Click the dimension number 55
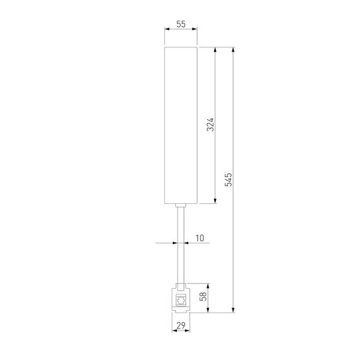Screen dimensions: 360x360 point(181,23)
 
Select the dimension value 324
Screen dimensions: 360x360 point(210,125)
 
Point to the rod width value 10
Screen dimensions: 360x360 point(200,238)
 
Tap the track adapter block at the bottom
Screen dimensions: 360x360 point(181,299)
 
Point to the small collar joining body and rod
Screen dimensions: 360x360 point(181,207)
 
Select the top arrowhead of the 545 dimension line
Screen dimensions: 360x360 point(235,49)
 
